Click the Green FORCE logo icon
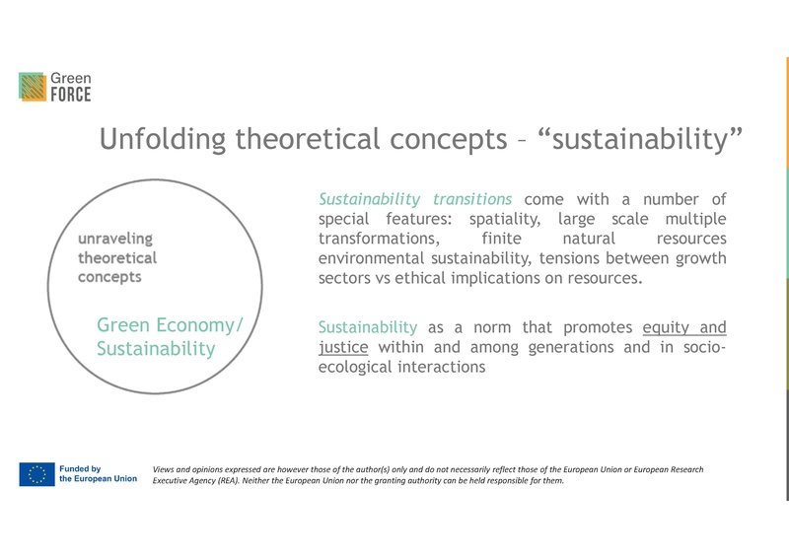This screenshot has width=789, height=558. [x=33, y=87]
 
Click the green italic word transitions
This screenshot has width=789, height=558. [x=472, y=198]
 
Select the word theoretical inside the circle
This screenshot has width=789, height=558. [x=116, y=257]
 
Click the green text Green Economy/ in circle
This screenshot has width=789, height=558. [x=176, y=326]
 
